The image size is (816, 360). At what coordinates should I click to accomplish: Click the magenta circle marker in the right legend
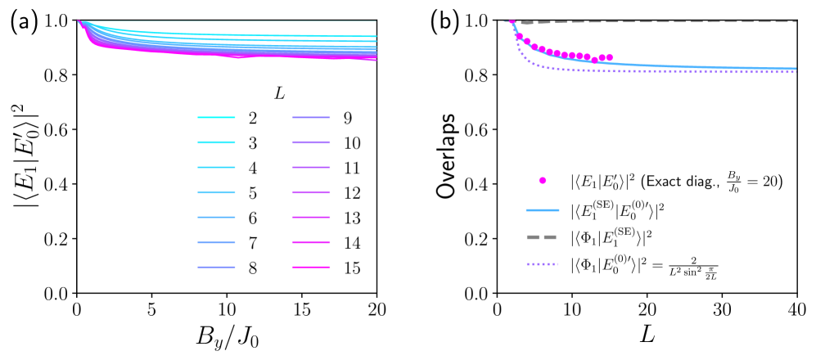point(543,181)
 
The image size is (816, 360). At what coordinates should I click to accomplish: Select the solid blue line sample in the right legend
point(543,210)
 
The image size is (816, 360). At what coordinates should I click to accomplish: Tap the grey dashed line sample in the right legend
point(542,237)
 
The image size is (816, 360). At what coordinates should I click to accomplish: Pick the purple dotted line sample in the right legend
point(542,264)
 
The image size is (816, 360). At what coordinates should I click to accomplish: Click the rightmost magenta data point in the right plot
point(609,58)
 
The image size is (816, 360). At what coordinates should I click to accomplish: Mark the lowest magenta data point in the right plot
point(595,61)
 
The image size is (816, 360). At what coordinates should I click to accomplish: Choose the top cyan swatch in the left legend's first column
point(216,118)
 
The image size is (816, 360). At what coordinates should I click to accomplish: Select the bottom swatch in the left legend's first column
point(216,268)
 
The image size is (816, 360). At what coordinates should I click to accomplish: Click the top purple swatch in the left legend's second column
point(311,118)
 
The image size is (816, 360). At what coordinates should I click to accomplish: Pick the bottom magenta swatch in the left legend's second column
point(311,268)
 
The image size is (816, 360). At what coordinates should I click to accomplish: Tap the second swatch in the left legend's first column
point(216,142)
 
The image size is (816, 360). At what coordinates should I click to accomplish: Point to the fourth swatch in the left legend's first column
point(216,193)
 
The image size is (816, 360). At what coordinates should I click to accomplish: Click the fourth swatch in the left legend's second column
point(311,193)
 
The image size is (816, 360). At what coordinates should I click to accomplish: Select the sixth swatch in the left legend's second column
point(311,243)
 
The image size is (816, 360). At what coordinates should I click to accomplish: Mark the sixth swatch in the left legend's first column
point(216,243)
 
